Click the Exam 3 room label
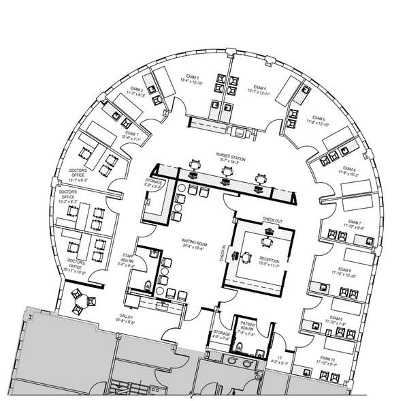193,77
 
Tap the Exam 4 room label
259,87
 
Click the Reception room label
270,258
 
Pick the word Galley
125,316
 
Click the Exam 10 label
329,359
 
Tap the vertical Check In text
223,254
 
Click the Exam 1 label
131,134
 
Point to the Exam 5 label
318,118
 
